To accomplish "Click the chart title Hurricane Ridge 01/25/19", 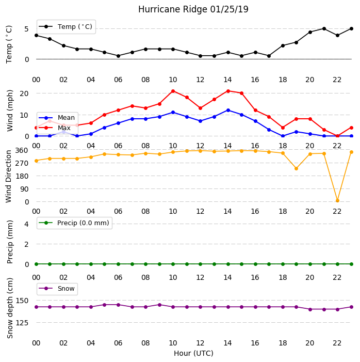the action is [x=193, y=9].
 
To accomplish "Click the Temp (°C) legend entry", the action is [x=66, y=27].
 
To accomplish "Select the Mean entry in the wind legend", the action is [x=57, y=118].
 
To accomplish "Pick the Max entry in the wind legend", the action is [x=55, y=128].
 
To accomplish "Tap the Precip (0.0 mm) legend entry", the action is [x=74, y=223].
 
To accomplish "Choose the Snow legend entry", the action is [x=57, y=289].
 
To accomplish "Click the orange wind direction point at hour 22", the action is [x=337, y=201].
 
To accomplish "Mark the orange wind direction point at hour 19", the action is [x=297, y=168].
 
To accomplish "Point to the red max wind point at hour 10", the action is [x=173, y=91].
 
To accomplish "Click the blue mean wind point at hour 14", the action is [x=228, y=111].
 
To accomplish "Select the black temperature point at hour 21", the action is [x=324, y=28].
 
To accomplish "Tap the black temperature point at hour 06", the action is [x=118, y=56].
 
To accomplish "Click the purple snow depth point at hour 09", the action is [x=159, y=305].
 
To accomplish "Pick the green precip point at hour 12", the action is [x=200, y=264].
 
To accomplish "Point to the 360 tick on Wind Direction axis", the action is [x=22, y=150].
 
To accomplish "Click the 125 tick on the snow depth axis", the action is [x=22, y=323].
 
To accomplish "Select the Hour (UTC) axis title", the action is [x=193, y=353].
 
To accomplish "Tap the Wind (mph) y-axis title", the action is [x=10, y=111].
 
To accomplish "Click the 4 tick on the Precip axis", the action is [x=27, y=224].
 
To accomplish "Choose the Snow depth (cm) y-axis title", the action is [x=10, y=308].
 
